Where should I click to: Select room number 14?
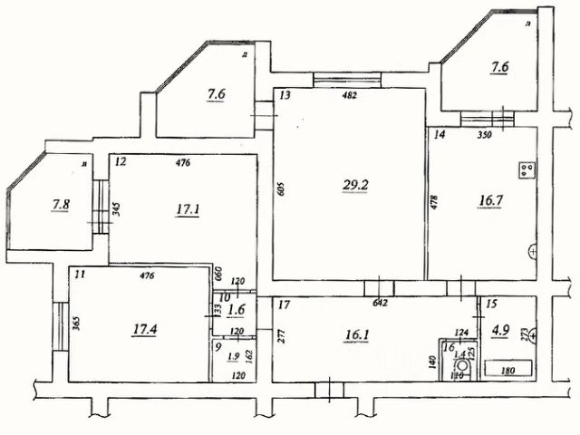440,135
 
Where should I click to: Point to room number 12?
121,162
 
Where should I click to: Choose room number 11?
80,273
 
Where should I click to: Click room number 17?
284,304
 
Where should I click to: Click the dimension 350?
484,136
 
